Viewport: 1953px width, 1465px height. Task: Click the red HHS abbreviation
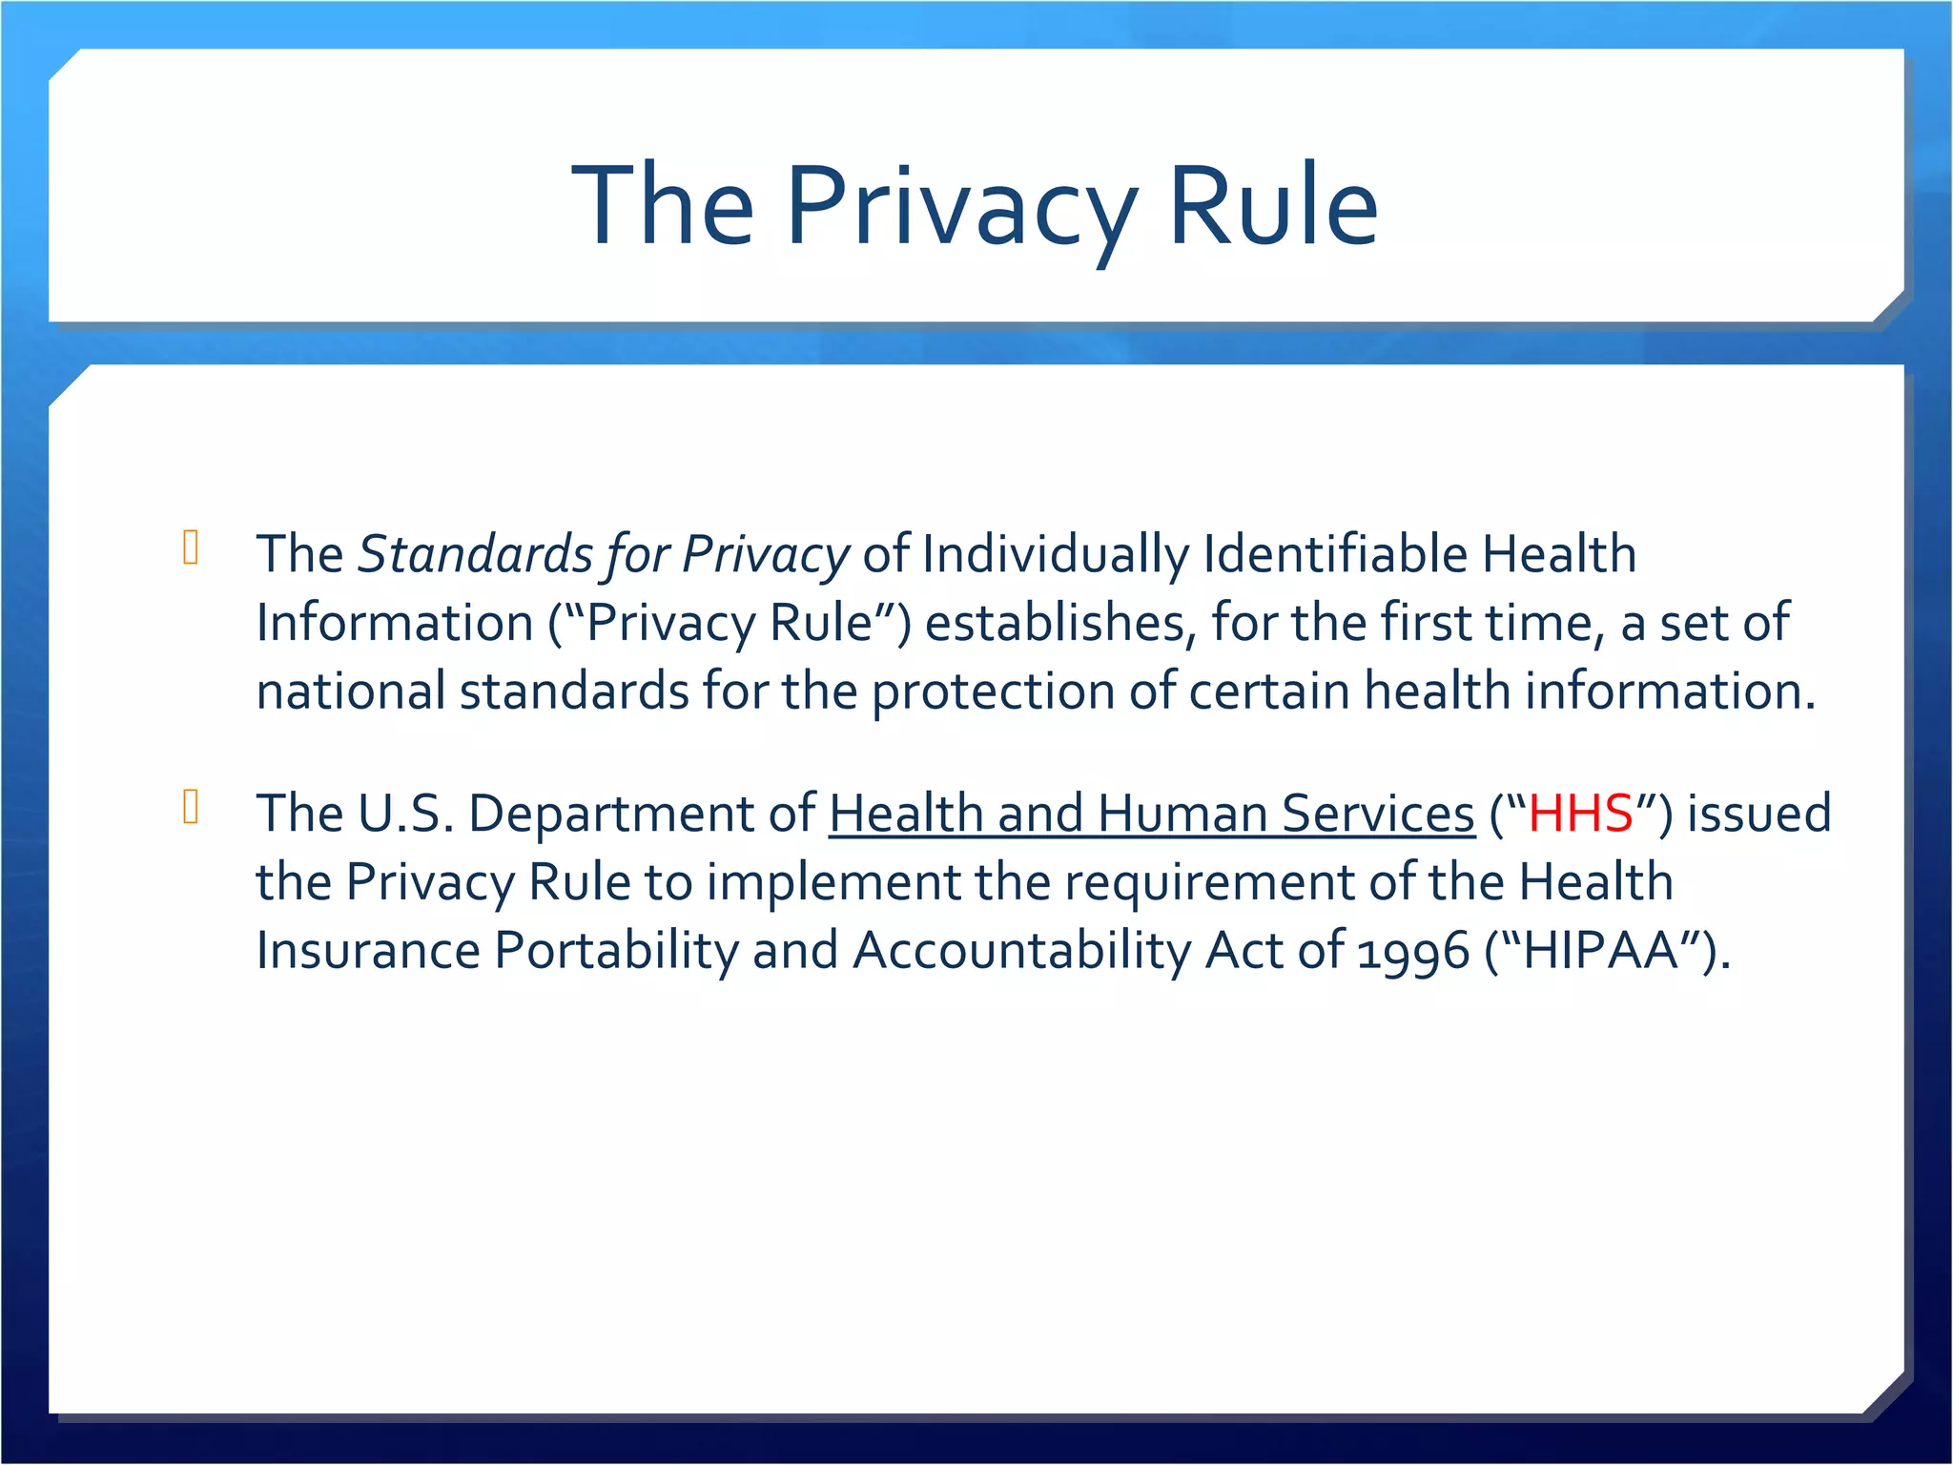[1580, 814]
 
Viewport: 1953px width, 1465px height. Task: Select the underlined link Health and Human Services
[1151, 814]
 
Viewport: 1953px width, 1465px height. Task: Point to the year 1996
[1412, 952]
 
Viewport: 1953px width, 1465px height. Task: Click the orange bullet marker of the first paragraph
[191, 547]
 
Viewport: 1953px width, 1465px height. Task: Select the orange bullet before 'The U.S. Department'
[191, 807]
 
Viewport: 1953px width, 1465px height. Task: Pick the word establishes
[1059, 623]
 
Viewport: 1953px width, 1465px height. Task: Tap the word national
[351, 691]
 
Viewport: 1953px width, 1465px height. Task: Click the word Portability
[616, 951]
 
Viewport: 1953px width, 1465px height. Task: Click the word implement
[833, 882]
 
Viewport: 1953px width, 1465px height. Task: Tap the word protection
[993, 692]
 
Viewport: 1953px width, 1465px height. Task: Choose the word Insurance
[368, 951]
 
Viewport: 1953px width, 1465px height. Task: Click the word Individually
[1055, 554]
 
